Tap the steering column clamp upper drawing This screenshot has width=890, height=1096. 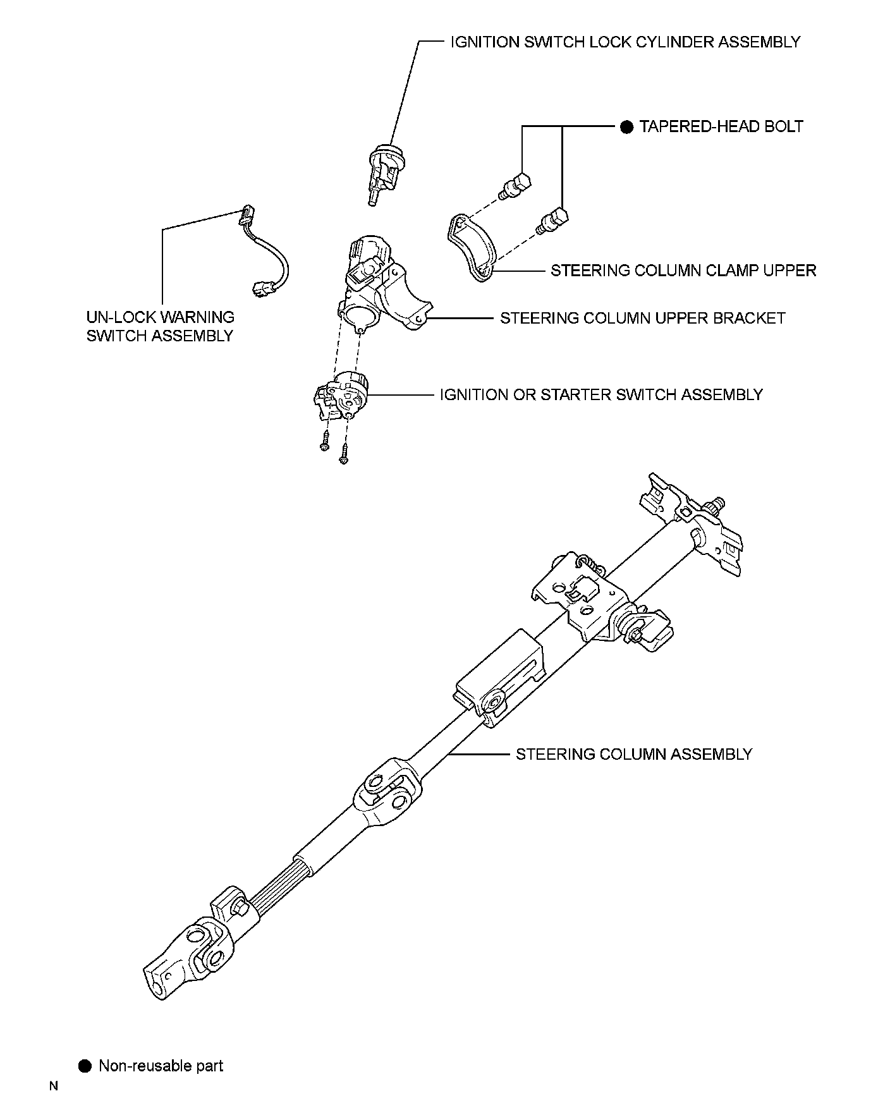473,247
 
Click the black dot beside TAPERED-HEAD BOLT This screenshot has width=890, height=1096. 626,127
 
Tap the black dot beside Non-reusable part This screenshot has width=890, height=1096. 85,1066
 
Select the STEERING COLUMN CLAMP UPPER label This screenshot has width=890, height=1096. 683,271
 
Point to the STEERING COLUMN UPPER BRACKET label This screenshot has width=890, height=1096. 642,318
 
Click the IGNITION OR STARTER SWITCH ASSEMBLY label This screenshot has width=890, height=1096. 601,395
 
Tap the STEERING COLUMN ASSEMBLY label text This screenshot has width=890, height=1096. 634,754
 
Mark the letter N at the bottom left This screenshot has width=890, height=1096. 54,1087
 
